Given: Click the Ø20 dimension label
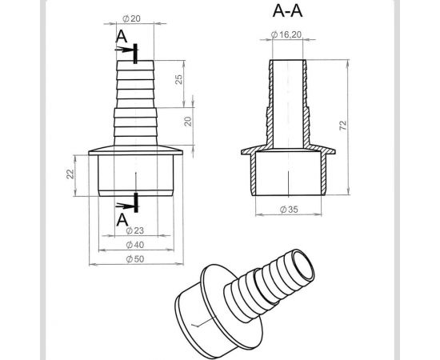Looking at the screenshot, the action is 131,18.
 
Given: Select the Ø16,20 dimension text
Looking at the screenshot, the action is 286,34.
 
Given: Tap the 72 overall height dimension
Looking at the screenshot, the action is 343,125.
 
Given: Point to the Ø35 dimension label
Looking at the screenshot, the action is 289,210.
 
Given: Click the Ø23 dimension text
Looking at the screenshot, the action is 134,230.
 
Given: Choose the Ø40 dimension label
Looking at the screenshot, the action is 135,245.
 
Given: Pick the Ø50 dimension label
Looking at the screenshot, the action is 135,258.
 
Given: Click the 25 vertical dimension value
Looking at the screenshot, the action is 178,79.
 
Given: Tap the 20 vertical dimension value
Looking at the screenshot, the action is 188,121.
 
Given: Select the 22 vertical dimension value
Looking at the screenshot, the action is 70,174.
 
